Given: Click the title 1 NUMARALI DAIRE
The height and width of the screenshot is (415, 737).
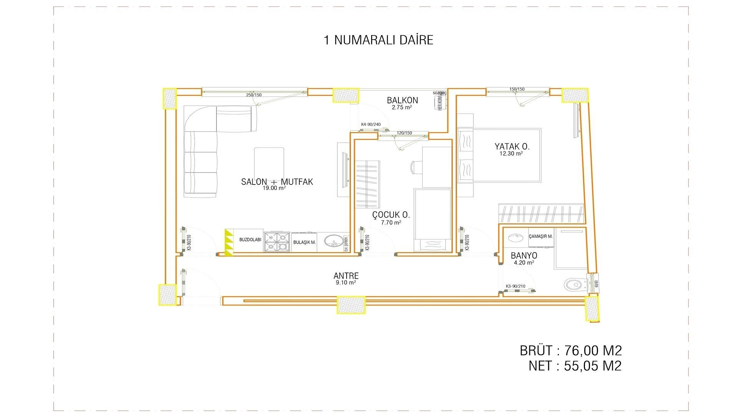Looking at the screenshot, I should click(378, 40).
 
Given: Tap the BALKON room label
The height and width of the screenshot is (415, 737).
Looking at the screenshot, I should click(402, 100).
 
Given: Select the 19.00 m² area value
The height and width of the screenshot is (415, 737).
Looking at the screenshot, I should click(274, 188).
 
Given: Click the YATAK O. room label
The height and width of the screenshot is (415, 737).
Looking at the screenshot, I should click(512, 146).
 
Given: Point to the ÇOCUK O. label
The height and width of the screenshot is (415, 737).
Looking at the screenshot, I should click(391, 215).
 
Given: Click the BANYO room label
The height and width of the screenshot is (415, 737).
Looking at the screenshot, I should click(524, 256).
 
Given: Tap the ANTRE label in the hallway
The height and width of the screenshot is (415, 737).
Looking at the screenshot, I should click(346, 276).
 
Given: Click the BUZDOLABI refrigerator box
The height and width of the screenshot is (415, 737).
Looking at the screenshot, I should click(250, 240).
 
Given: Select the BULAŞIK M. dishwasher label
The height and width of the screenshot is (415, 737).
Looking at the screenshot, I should click(304, 242).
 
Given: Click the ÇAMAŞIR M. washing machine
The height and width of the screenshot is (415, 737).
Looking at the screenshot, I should click(540, 237).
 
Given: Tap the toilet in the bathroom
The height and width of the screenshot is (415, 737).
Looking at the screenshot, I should click(575, 285).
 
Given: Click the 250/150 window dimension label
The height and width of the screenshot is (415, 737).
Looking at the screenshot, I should click(254, 95).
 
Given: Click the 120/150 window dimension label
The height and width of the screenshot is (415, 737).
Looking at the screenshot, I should click(404, 133).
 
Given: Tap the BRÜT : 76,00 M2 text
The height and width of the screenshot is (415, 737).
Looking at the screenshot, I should click(570, 350).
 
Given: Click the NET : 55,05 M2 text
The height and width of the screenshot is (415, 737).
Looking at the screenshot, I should click(575, 366).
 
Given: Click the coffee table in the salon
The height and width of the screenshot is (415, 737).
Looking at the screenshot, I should click(269, 163).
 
